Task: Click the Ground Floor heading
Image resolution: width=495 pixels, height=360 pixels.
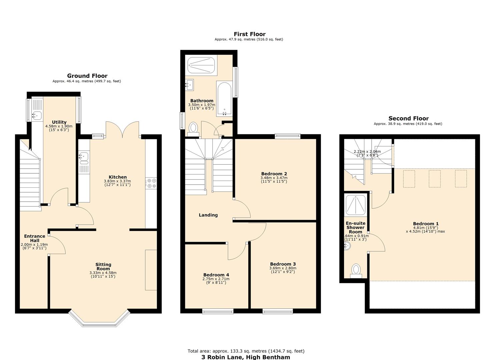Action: [x=87, y=76]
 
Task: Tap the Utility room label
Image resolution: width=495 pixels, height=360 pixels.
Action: [x=59, y=122]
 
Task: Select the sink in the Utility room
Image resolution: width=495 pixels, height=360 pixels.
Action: [x=36, y=116]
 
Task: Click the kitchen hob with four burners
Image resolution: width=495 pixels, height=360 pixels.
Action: [x=151, y=183]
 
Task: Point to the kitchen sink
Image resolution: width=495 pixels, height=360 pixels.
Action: [x=84, y=156]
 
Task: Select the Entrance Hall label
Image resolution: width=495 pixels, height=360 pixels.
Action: [x=35, y=238]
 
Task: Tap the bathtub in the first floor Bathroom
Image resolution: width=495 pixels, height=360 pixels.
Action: [x=224, y=99]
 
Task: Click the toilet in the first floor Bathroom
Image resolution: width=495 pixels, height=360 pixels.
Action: [x=193, y=128]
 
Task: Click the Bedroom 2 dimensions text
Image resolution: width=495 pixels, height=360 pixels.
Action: [x=274, y=180]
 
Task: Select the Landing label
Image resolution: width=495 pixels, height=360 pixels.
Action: [x=208, y=215]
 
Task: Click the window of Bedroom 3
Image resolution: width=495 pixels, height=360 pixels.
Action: [x=278, y=311]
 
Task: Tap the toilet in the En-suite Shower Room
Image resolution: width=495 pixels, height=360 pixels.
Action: [x=356, y=270]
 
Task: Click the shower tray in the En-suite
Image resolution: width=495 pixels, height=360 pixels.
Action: [x=356, y=204]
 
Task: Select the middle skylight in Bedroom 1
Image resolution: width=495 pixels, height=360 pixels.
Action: [x=434, y=179]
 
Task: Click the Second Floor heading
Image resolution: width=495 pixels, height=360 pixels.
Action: [x=408, y=118]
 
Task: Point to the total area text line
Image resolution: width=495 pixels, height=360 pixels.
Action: [x=246, y=351]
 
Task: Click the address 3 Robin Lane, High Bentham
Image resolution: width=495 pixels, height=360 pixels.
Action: [x=246, y=357]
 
